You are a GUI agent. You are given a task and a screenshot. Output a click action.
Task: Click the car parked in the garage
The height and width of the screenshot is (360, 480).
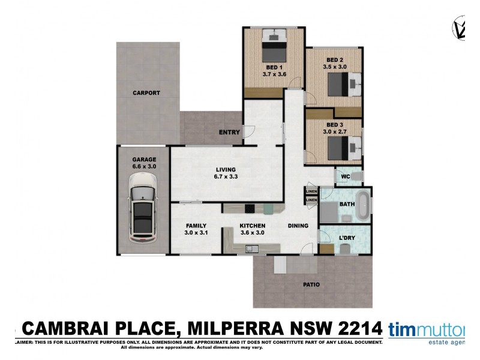pyautogui.click(x=143, y=207)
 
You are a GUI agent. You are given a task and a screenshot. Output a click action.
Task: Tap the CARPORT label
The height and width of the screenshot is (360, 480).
pyautogui.click(x=146, y=93)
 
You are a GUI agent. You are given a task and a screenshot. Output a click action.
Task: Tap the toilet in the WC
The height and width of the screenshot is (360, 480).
pyautogui.click(x=356, y=176)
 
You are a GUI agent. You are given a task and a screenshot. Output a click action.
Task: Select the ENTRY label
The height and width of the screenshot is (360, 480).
pyautogui.click(x=229, y=132)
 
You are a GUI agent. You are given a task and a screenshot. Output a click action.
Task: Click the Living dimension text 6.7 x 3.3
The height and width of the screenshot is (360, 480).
pyautogui.click(x=226, y=177)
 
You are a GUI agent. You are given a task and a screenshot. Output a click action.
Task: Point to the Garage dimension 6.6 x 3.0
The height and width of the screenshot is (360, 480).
pyautogui.click(x=144, y=166)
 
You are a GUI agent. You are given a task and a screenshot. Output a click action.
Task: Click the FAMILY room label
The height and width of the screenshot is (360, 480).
pyautogui.click(x=196, y=226)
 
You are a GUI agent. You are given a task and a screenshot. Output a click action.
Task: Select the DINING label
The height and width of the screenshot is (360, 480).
pyautogui.click(x=298, y=226)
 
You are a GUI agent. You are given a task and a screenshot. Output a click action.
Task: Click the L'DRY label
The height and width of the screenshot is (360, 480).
pyautogui.click(x=346, y=238)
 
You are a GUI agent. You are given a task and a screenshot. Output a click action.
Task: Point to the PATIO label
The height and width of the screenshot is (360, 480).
pyautogui.click(x=311, y=284)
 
